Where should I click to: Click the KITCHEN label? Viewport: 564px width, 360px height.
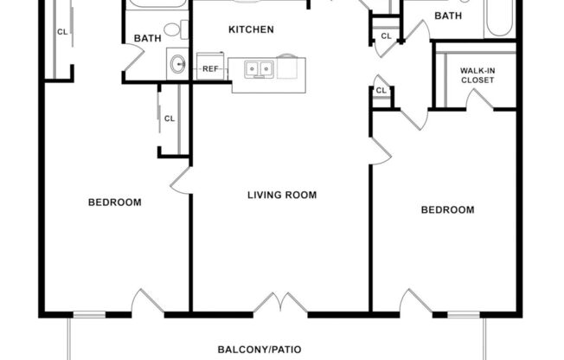pos(251,29)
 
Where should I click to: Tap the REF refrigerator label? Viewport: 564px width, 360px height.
pos(210,68)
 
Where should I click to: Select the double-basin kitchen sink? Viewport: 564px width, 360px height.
pos(258,68)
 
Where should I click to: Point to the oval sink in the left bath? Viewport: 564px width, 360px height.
pos(178,64)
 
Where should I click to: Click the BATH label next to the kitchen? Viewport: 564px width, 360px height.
pos(146,38)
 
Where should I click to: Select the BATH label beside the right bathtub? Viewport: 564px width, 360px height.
pos(447,16)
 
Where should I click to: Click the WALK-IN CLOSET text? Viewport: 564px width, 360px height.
pos(477,75)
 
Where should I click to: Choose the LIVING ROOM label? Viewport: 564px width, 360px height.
pos(282,195)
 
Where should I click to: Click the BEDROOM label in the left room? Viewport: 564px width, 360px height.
pos(114,202)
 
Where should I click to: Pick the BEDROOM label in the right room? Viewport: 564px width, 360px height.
pos(447,209)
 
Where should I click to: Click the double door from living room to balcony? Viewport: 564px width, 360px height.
pos(281,303)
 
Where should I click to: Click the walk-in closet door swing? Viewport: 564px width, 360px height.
pos(477,100)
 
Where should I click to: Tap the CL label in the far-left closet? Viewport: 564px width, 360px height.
pos(61,32)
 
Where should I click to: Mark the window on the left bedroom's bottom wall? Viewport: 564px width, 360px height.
pos(88,313)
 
